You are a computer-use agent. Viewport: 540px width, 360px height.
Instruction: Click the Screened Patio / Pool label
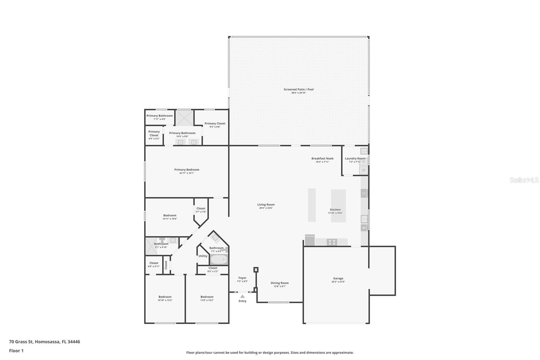coord(298,89)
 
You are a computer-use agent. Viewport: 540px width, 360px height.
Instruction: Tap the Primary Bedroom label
coord(187,170)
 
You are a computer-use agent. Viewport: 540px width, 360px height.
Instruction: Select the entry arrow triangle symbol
coord(242,296)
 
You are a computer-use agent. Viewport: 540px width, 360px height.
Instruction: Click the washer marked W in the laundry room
coord(363,170)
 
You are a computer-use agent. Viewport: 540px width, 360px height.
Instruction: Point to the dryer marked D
coord(364,161)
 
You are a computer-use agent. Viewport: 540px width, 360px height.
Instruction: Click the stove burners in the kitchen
coord(332,242)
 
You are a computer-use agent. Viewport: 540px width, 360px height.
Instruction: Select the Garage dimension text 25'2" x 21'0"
coord(338,282)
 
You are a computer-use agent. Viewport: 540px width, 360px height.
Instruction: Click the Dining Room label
coord(279,283)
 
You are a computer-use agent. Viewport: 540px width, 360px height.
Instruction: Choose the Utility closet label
coord(203,256)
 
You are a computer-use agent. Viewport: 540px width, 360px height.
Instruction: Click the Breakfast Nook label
coord(322,158)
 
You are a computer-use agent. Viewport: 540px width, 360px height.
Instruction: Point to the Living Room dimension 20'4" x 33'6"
coord(266,208)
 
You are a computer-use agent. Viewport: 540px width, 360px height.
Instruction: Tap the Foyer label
coord(242,278)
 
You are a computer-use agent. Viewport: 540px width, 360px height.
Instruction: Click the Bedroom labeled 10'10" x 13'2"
coord(165,297)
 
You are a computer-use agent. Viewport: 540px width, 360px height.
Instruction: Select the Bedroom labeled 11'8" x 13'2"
coord(207,297)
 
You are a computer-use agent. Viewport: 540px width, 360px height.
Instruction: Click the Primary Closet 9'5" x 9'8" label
coord(215,124)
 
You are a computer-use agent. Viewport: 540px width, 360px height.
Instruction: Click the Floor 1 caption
coord(16,351)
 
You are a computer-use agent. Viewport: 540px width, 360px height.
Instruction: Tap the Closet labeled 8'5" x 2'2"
coord(213,268)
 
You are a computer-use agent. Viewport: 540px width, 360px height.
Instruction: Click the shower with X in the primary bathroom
coord(184,118)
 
